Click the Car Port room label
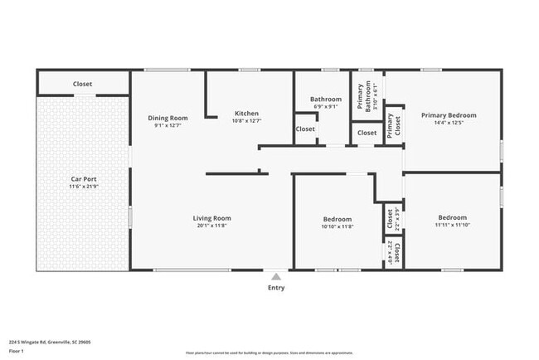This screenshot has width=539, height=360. click(x=83, y=178)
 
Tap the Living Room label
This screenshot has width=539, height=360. click(x=212, y=218)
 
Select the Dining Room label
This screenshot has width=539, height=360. click(x=168, y=118)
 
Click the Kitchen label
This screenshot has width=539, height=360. click(x=246, y=114)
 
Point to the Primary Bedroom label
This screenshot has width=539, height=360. click(x=449, y=115)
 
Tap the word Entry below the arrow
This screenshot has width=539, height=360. click(x=275, y=288)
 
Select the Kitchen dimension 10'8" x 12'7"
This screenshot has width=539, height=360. click(x=246, y=121)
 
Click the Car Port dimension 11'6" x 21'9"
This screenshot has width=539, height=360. click(x=83, y=187)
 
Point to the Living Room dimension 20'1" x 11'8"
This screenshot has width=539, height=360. click(x=212, y=226)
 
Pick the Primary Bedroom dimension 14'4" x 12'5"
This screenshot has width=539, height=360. click(x=449, y=123)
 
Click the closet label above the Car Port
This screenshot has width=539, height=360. click(x=82, y=84)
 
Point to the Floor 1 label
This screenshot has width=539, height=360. click(x=17, y=351)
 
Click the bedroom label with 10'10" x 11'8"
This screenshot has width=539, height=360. click(x=337, y=219)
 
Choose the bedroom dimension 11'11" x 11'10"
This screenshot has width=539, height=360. click(x=452, y=225)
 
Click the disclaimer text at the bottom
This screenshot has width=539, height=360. click(x=269, y=352)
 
